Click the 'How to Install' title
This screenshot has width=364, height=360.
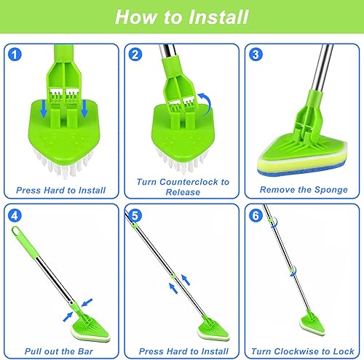[x=181, y=17]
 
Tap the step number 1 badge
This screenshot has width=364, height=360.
[x=15, y=54]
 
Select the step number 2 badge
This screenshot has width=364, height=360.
[x=135, y=54]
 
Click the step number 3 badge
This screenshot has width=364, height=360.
[x=256, y=54]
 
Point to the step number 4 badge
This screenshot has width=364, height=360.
[x=15, y=215]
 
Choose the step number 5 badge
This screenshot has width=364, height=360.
[x=135, y=215]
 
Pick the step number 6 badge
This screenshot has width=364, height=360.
[x=256, y=215]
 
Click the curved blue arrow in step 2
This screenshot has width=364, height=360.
[x=208, y=103]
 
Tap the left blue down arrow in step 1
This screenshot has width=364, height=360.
[x=44, y=108]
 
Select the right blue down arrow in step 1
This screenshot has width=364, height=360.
[x=84, y=108]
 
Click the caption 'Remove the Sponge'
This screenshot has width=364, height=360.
[x=304, y=190]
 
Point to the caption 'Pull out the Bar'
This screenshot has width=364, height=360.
[x=59, y=351]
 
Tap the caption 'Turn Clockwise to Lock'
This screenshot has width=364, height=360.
[x=303, y=351]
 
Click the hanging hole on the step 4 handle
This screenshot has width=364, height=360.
[x=16, y=231]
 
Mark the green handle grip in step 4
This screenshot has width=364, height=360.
[x=25, y=242]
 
